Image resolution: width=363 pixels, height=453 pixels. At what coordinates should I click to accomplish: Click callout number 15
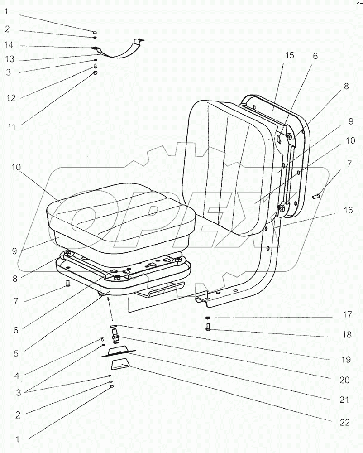point(289,55)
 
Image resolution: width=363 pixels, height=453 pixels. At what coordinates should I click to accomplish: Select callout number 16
point(347,211)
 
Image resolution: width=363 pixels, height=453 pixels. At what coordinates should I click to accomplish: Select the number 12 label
point(10,98)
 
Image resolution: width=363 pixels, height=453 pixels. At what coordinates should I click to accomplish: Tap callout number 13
point(10,59)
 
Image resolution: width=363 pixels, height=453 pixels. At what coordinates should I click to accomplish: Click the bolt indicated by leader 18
point(208,327)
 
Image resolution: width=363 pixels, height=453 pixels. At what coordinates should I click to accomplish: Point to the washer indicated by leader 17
point(208,318)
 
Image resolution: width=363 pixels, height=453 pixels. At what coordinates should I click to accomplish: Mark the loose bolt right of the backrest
point(316,196)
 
